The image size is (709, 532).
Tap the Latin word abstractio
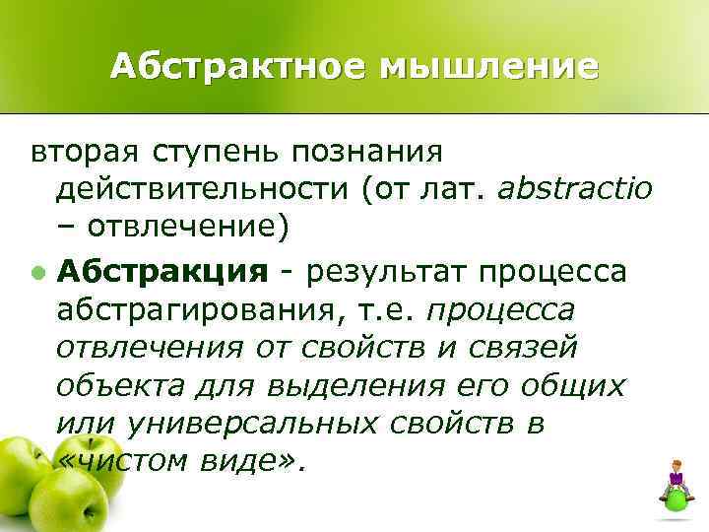(x=575, y=190)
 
